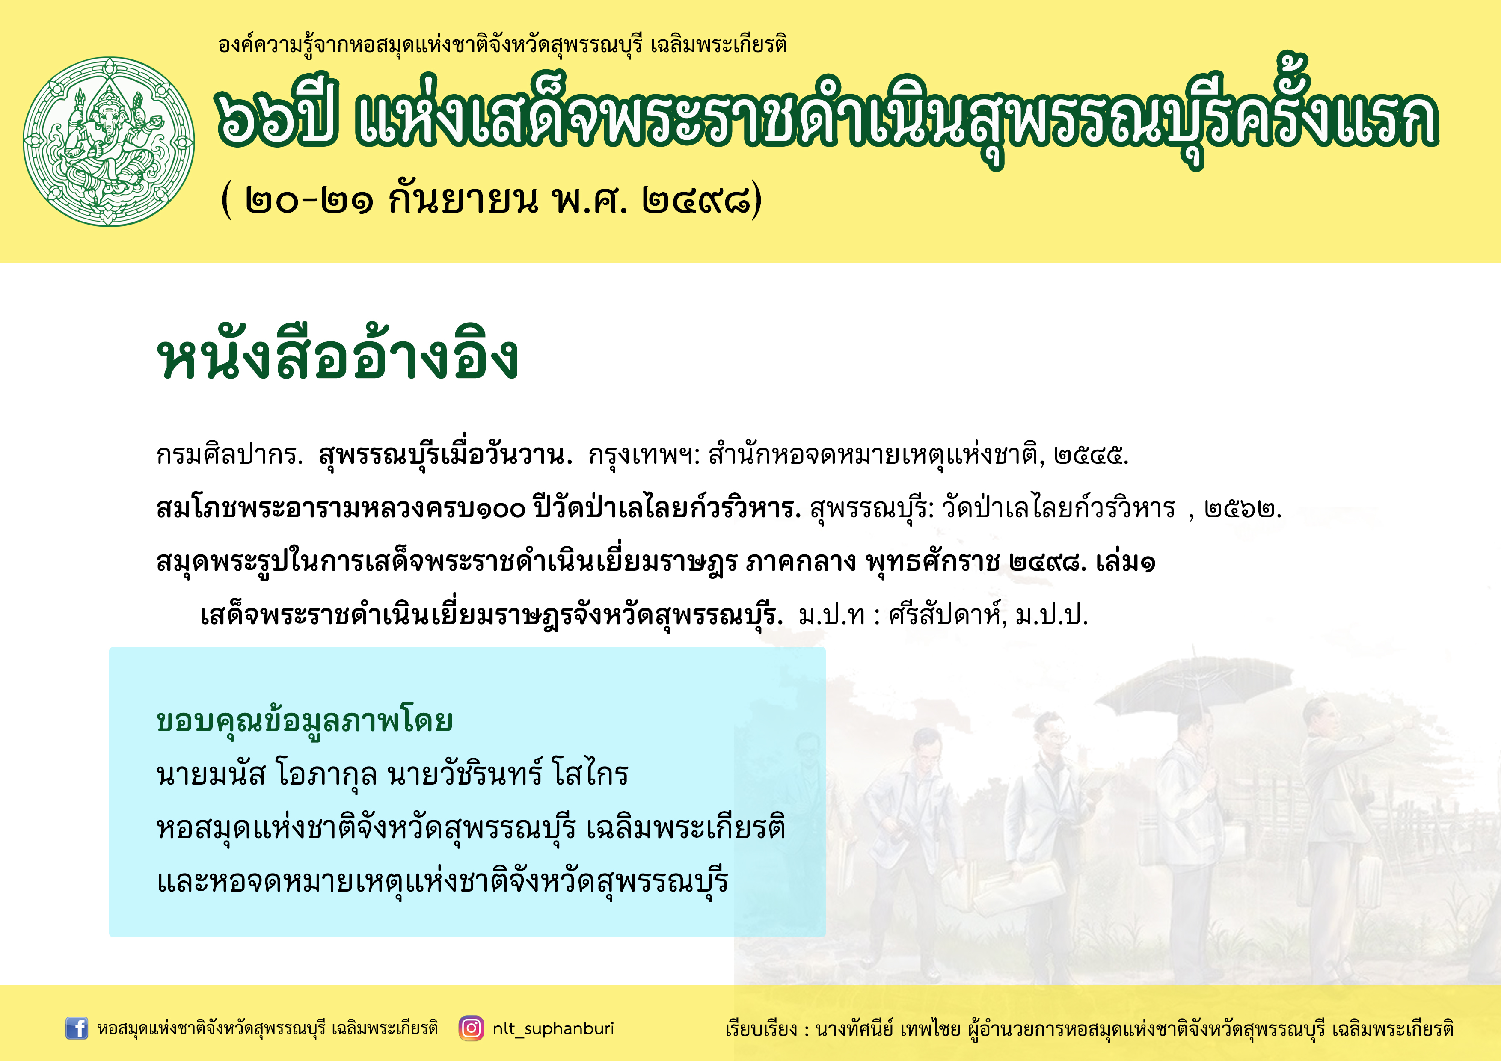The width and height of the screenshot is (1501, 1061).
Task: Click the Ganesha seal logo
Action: click(109, 142)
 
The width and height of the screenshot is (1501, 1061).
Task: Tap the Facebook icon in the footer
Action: click(77, 1028)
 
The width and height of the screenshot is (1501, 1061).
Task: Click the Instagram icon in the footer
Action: click(471, 1028)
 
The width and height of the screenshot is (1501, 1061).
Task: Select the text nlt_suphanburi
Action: click(553, 1029)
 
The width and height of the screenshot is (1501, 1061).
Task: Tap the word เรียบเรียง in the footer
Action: click(762, 1029)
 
